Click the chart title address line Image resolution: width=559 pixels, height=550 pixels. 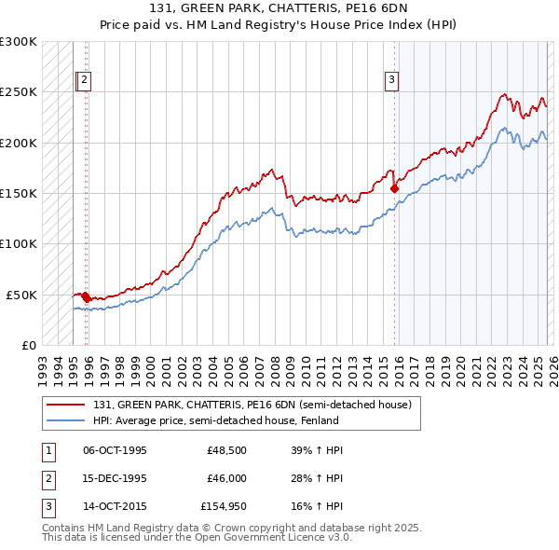point(279,10)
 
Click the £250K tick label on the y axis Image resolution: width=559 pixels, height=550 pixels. point(19,92)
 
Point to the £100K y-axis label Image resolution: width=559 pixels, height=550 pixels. point(19,243)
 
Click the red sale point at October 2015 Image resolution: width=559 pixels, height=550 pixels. point(394,188)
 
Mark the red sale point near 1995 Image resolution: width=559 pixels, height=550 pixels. point(86,296)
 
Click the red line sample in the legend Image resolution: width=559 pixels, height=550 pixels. point(67,406)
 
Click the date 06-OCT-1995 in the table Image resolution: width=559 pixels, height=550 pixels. point(116,450)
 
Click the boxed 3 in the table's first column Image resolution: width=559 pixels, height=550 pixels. point(48,508)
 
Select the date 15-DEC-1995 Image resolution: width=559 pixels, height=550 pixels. point(116,479)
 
